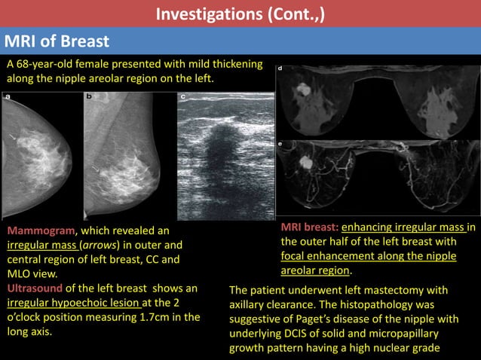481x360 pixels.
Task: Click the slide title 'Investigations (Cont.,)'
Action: [240, 13]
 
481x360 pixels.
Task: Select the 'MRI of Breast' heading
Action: [57, 41]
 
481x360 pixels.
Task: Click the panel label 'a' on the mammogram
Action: [8, 97]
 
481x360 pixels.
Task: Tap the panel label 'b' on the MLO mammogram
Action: [89, 97]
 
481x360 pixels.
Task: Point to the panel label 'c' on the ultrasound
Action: [183, 97]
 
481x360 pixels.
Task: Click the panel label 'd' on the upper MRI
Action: [280, 69]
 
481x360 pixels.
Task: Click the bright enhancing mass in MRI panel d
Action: [303, 90]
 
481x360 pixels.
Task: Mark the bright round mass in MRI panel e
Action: [306, 162]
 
